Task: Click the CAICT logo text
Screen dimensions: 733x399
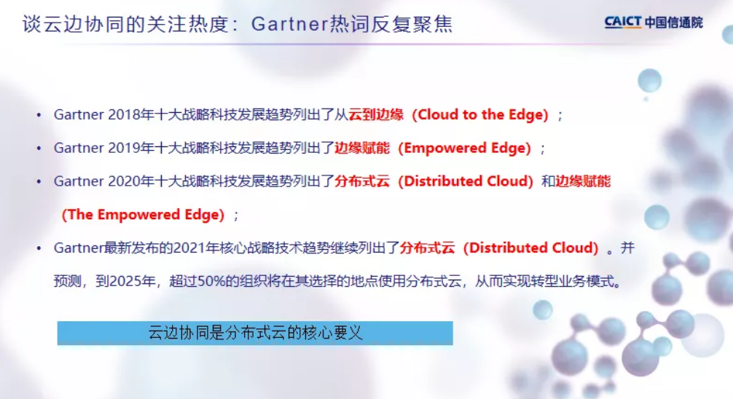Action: click(622, 22)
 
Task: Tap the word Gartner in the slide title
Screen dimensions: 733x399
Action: click(289, 24)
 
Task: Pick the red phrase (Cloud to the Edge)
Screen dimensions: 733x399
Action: click(480, 115)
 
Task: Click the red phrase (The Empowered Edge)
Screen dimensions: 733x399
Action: click(143, 215)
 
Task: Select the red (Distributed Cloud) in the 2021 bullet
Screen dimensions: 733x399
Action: click(531, 248)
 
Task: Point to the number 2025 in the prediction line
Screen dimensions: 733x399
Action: click(125, 281)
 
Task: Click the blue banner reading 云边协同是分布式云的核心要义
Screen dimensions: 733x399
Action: click(255, 333)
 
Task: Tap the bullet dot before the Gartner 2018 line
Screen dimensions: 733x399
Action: click(39, 115)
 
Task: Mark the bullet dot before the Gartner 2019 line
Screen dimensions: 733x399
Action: click(39, 149)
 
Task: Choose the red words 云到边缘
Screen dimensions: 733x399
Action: click(376, 115)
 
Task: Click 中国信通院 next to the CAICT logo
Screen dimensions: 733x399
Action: click(674, 23)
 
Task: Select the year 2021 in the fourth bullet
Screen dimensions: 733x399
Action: click(189, 248)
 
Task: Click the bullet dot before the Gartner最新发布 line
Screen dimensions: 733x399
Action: click(39, 248)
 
